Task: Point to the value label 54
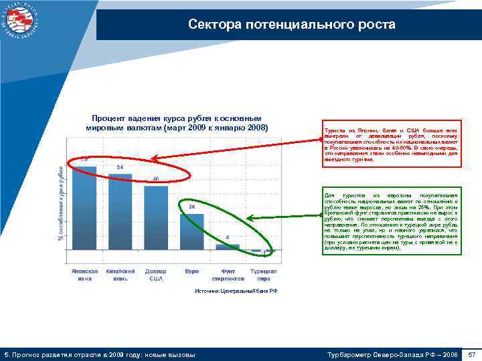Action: click(120, 166)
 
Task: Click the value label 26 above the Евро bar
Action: click(191, 207)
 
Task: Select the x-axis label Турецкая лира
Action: click(263, 275)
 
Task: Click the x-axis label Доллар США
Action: click(156, 275)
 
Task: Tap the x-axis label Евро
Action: click(191, 271)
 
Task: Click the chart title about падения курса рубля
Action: click(177, 122)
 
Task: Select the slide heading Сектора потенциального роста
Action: click(291, 25)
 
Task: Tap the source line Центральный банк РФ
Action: click(235, 292)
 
